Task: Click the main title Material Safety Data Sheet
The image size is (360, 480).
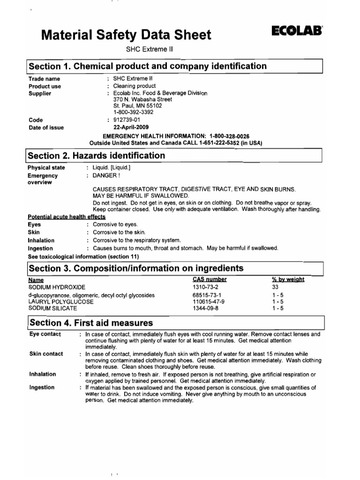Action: click(126, 35)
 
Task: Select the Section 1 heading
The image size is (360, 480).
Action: click(148, 66)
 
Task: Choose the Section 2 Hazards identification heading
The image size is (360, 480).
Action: click(97, 156)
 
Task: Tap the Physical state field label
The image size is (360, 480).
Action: click(46, 168)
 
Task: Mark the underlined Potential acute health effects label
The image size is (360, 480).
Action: click(67, 217)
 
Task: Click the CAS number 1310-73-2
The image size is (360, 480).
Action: click(206, 286)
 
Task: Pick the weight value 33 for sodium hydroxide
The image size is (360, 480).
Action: click(275, 286)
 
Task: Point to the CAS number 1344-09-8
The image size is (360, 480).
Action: click(206, 308)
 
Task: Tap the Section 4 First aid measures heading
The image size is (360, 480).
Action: click(91, 322)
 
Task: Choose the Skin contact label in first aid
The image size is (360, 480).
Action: click(46, 353)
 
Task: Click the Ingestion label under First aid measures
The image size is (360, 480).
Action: click(42, 387)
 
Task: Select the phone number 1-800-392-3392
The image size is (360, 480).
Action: click(133, 112)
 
